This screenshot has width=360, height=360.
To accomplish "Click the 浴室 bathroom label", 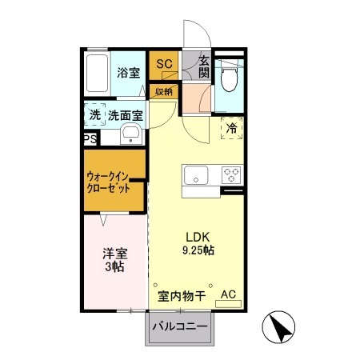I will point(128,73).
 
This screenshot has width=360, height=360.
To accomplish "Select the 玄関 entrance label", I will point(204,66).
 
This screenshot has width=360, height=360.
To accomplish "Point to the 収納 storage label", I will point(164,90).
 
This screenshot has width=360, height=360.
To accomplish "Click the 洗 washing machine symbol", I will point(95,115).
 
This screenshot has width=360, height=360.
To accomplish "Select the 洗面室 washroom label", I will point(126,115).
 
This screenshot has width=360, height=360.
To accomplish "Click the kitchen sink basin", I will point(195,175).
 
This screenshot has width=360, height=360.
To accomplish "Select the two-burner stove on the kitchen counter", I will point(231,175).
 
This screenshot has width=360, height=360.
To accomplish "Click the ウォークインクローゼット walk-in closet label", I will point(115,182).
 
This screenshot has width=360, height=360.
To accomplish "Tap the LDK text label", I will point(198,237).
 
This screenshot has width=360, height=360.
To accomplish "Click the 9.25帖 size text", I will point(199,250).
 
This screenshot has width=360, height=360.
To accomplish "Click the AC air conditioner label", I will point(228,294).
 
